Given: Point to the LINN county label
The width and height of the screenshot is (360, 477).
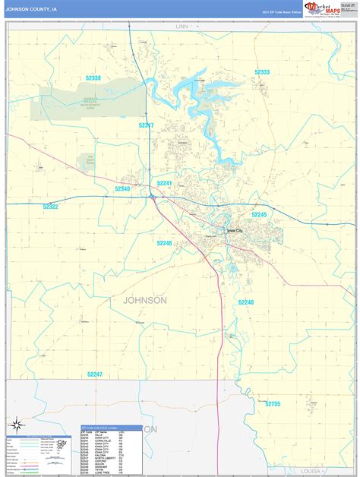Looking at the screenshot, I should point(182,27).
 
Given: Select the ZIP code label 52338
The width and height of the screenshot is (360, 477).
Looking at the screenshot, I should point(93,77).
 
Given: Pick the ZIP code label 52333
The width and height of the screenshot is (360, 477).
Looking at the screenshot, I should point(262,72).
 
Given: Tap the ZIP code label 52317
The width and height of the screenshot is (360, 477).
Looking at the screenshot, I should point(147,125).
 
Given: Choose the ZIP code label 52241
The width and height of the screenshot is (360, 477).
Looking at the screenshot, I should point(166,183).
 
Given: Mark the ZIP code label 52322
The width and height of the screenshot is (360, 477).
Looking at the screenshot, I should point(51,207).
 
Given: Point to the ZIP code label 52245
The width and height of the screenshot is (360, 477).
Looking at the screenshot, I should point(260,215).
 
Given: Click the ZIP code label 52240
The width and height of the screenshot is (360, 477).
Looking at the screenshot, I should point(246,302).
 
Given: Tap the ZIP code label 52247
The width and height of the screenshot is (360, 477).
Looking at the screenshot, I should point(95,374).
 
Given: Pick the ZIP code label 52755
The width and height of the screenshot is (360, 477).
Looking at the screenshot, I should point(273,404).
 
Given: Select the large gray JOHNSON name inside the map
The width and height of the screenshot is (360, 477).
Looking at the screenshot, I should point(145,300).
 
